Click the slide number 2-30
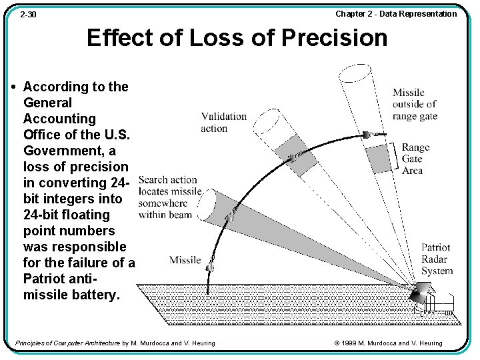[x=27, y=14]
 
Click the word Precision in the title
[x=334, y=38]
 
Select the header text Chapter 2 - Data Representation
[x=396, y=14]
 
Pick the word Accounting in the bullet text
[x=59, y=119]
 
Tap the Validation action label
[x=223, y=122]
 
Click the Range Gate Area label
[x=415, y=159]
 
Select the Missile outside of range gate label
[x=415, y=104]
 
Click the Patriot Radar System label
[x=437, y=259]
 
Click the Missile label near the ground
[x=185, y=259]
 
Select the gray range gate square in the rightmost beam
[x=377, y=158]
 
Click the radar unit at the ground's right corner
[x=422, y=294]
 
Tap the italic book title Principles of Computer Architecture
[x=67, y=343]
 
